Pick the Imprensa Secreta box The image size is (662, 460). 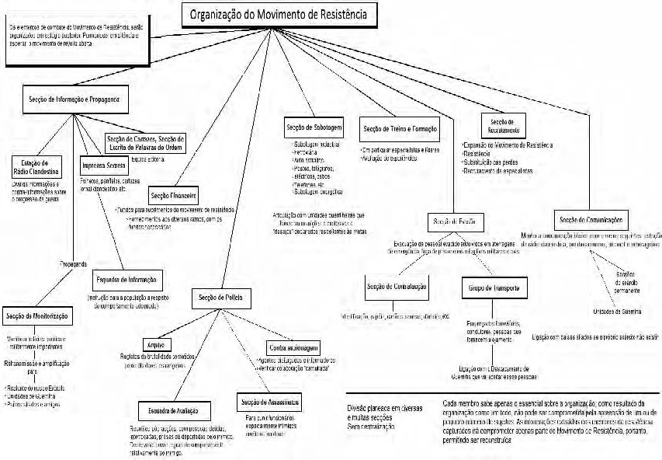click(104, 166)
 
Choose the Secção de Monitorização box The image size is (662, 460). click(36, 317)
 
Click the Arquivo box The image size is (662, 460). click(157, 344)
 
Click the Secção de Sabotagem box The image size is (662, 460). click(314, 127)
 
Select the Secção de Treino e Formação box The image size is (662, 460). click(399, 128)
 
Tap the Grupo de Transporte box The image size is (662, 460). click(494, 288)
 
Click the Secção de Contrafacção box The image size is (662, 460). click(397, 287)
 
